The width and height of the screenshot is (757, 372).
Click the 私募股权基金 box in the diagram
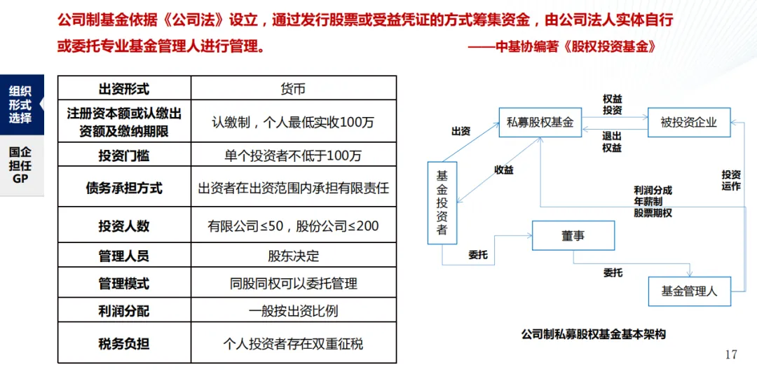coord(540,122)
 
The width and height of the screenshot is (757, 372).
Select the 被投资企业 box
coord(688,122)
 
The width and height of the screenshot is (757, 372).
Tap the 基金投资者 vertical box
coord(442,203)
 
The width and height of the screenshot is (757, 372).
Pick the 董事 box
coord(573,236)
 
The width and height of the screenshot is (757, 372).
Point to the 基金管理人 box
coord(689,291)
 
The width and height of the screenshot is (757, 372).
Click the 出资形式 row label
coord(124,89)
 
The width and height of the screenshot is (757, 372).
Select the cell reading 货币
coord(293,89)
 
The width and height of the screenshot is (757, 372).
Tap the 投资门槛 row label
coord(124,155)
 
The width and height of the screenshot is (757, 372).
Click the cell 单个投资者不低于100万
coord(293,155)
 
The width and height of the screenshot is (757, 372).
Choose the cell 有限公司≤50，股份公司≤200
coord(293,226)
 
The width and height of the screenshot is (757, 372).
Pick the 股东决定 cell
coord(293,256)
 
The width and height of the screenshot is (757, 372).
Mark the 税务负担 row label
coord(124,343)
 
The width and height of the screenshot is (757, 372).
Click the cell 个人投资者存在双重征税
coord(293,343)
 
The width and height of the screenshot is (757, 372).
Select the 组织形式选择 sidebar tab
coord(20,104)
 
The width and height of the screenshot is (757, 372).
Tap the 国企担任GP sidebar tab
coord(20,165)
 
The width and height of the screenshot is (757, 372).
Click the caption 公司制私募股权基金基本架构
coord(593,334)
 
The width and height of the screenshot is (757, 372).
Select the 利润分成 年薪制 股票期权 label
coord(653,201)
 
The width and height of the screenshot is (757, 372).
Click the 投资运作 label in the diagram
coord(731,180)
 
